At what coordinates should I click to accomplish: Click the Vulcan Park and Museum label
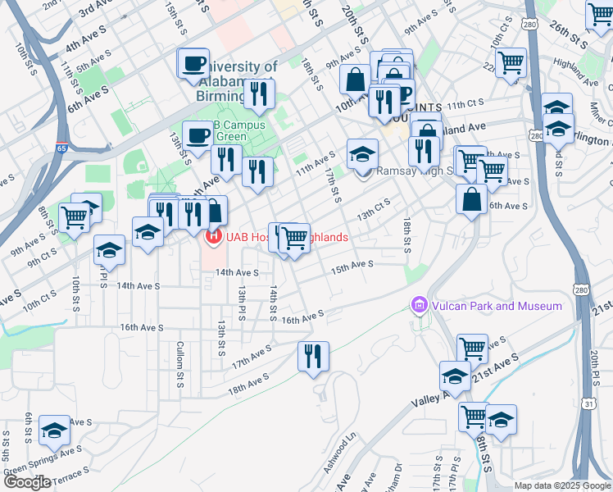point(496,306)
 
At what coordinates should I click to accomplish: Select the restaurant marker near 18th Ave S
point(313,357)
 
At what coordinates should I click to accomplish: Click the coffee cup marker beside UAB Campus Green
point(197,134)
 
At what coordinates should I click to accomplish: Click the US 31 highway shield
point(588,403)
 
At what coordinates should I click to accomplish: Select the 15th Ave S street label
point(352,266)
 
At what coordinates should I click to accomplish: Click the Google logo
point(27,482)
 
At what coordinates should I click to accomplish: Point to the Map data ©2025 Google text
point(562,485)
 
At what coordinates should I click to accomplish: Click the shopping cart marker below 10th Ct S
point(511,61)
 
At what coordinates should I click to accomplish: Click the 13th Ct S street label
point(373,210)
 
